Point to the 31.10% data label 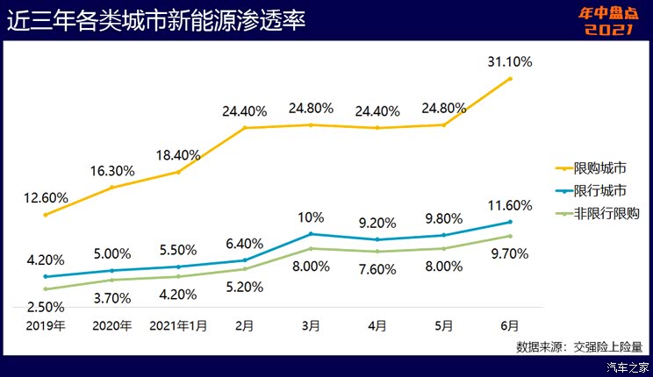tap(509, 61)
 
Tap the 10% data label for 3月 tap(311, 217)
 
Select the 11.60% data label tap(509, 206)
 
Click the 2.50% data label tap(43, 307)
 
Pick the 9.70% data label tap(509, 254)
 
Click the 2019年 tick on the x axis tap(45, 326)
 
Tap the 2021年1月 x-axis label tap(178, 326)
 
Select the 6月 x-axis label tap(509, 326)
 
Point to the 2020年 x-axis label tap(111, 326)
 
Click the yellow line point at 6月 tap(510, 79)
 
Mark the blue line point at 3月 tap(311, 234)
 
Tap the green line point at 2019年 tap(45, 289)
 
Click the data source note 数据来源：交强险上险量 tap(579, 346)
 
